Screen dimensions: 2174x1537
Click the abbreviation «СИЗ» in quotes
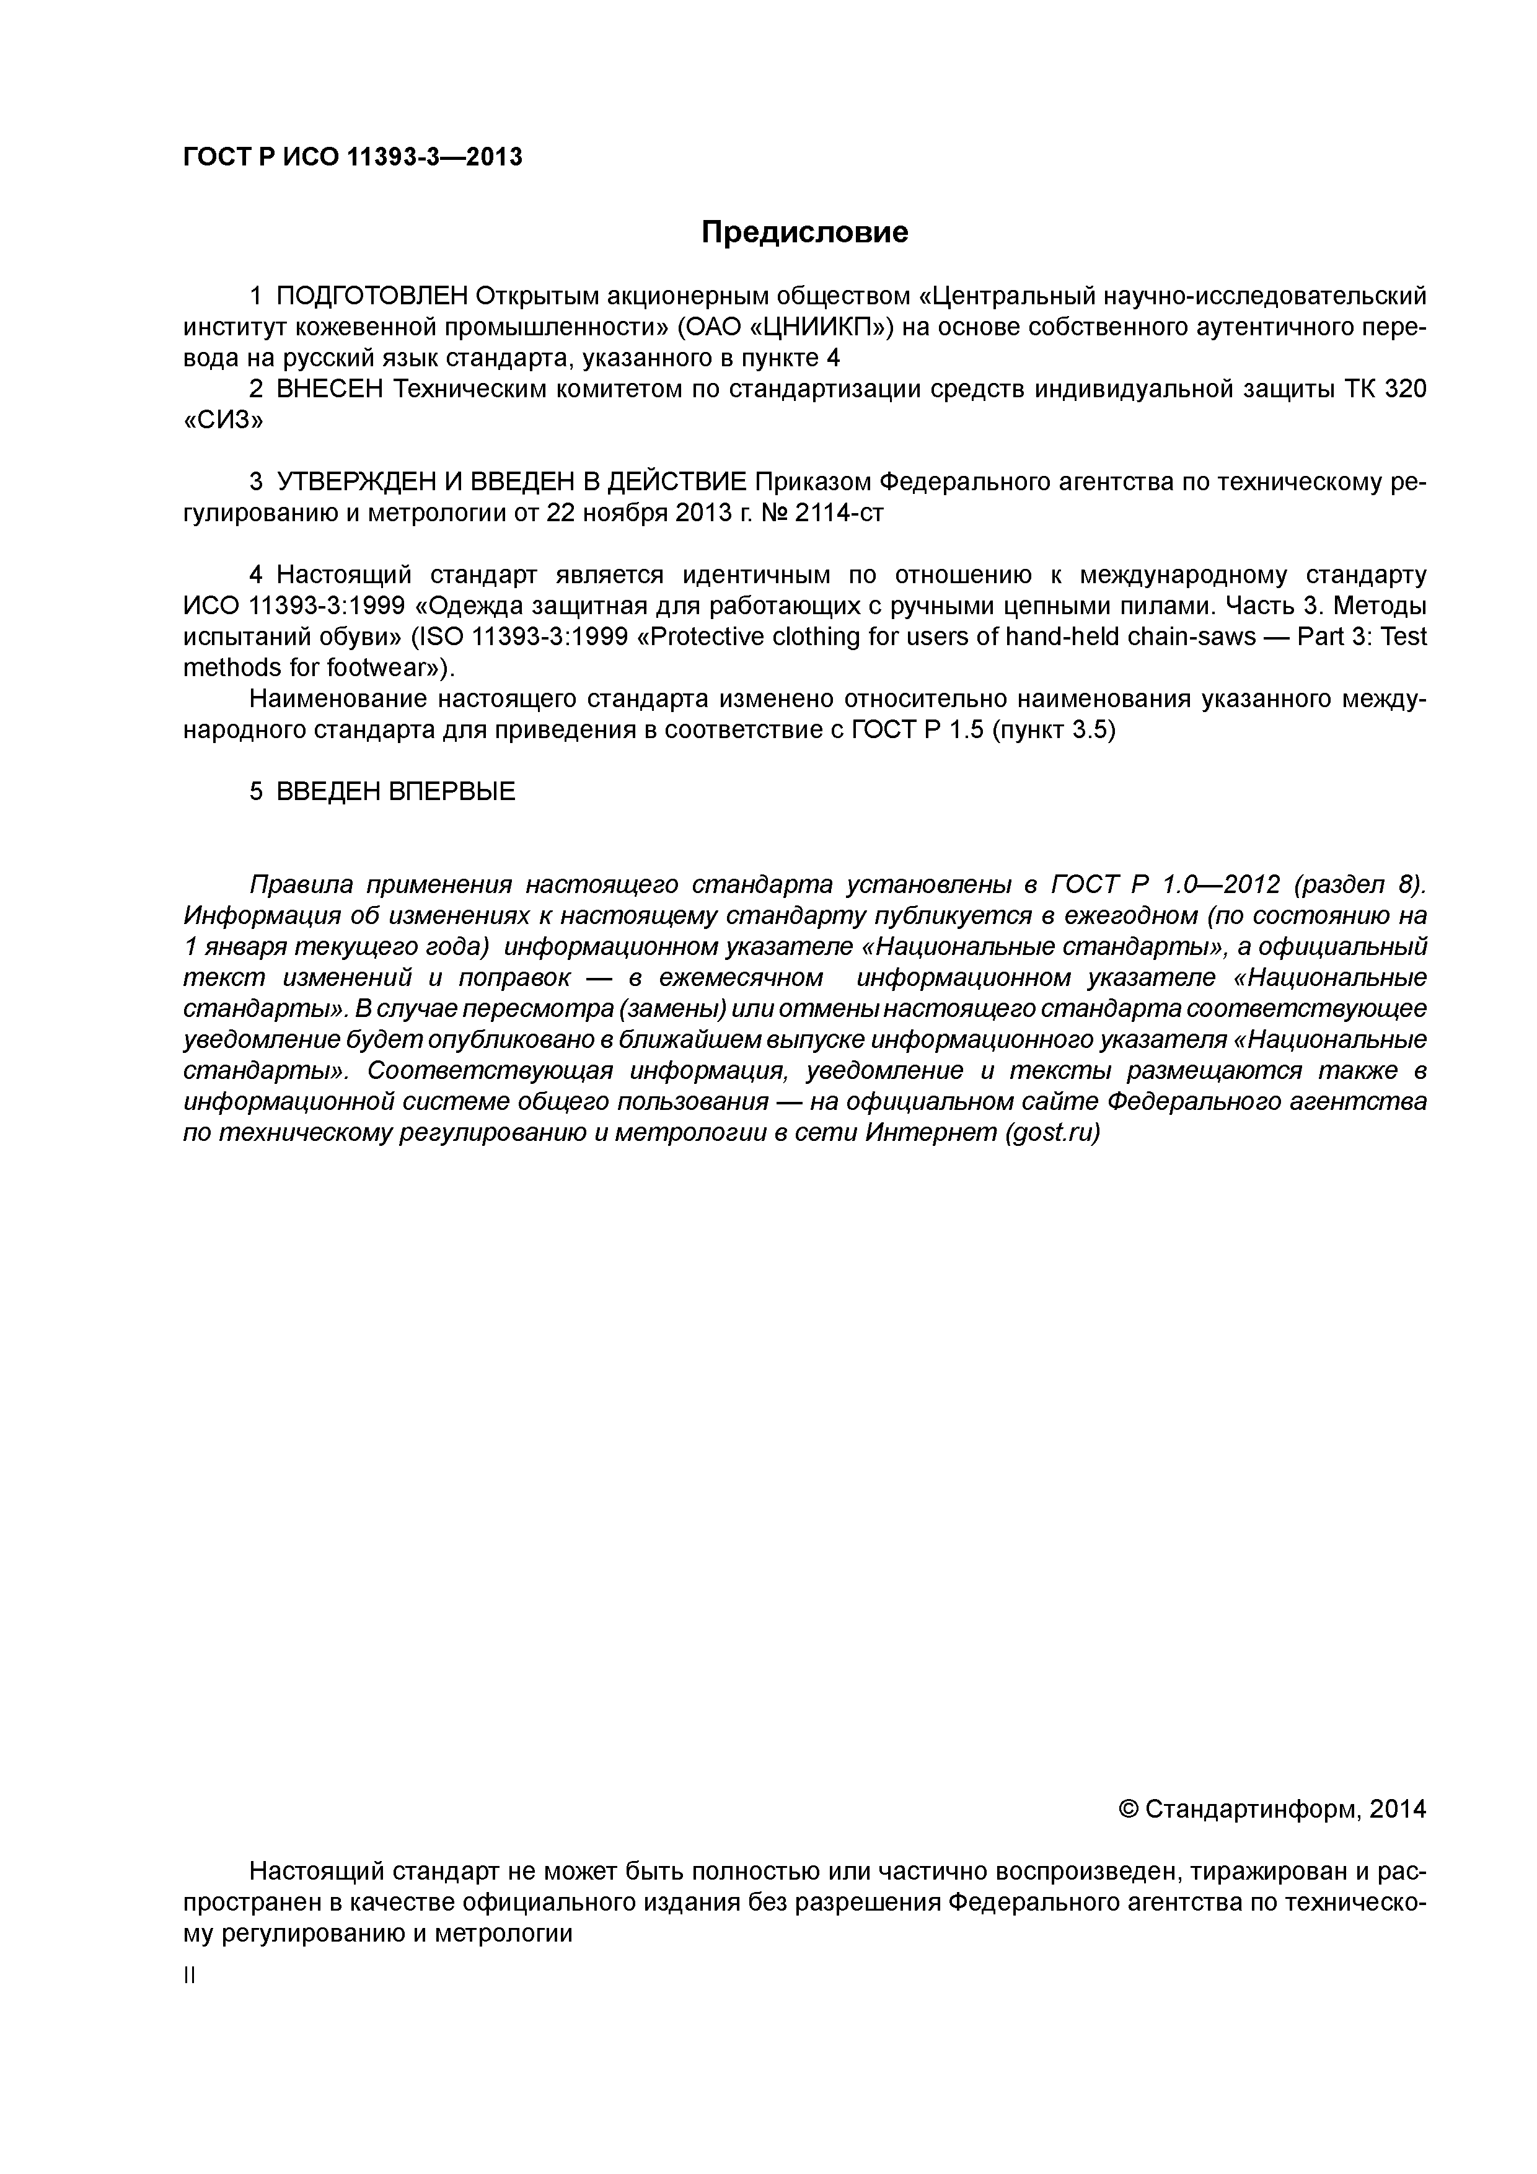tap(222, 420)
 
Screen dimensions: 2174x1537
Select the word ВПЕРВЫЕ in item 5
tap(452, 791)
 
